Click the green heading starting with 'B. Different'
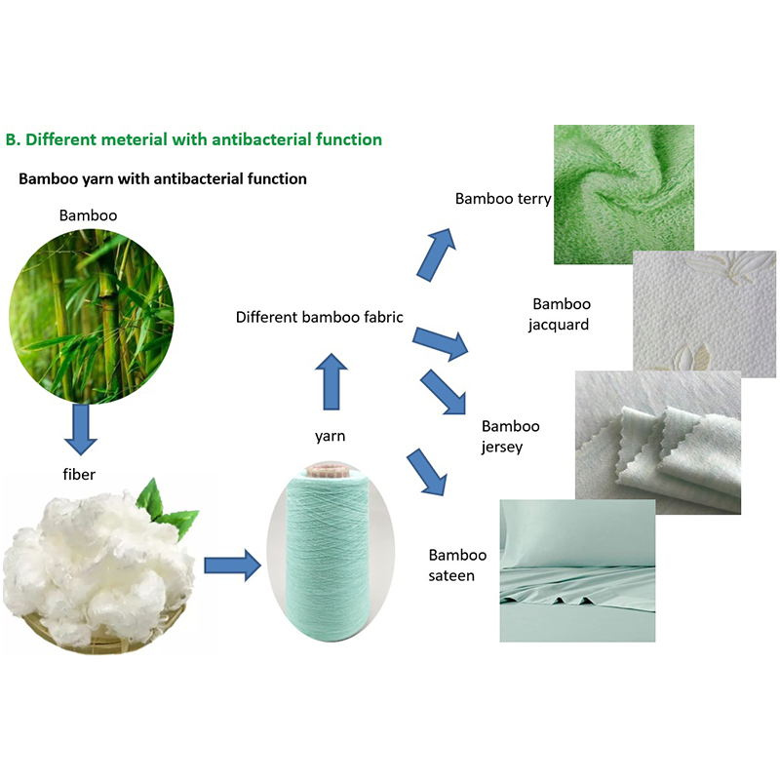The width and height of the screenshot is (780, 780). click(x=193, y=139)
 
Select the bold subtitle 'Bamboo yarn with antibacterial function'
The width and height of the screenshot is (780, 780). click(x=163, y=178)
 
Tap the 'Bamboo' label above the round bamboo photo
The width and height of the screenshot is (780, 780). click(x=88, y=215)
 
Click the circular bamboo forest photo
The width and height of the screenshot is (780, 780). click(x=92, y=316)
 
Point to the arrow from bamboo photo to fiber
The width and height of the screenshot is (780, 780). click(x=81, y=429)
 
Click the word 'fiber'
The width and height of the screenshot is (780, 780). click(x=79, y=474)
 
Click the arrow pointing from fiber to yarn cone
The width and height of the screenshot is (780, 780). click(x=233, y=565)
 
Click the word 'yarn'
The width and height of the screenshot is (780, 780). click(x=330, y=436)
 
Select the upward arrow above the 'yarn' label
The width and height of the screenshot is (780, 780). click(x=331, y=381)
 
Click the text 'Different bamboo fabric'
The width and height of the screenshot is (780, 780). click(x=320, y=317)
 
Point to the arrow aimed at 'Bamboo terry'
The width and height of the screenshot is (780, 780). click(x=436, y=254)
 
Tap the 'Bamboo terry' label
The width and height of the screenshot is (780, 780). click(x=503, y=199)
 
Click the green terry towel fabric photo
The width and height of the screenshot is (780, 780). click(x=624, y=194)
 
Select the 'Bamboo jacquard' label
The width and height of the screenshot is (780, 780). click(x=560, y=314)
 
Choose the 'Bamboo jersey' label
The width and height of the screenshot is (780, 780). click(x=510, y=436)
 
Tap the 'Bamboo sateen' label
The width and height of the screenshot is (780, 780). click(x=457, y=565)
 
